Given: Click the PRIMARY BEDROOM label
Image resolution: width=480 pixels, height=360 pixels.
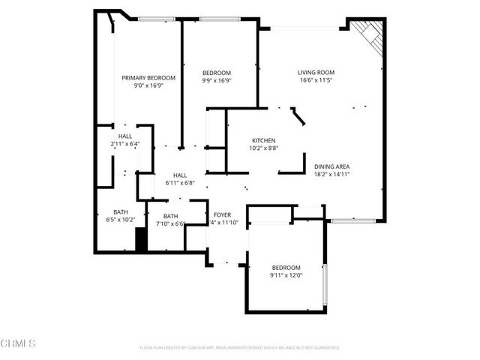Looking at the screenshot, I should (x=148, y=78).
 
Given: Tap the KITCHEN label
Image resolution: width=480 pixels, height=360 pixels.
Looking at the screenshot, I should (x=263, y=141).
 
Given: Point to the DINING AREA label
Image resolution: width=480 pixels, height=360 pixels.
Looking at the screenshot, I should (x=333, y=166).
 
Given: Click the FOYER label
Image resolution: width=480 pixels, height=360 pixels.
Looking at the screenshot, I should (x=222, y=215).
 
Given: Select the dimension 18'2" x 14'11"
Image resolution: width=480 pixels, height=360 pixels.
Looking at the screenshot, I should (x=333, y=174).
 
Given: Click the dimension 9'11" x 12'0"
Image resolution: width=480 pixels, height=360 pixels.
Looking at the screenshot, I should (x=286, y=275).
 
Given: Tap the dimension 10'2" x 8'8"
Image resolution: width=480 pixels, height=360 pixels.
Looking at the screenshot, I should (x=263, y=148).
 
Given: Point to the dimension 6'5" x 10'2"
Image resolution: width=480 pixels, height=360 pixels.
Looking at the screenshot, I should (x=120, y=220).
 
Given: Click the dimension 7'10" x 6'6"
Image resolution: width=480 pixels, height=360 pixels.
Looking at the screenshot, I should (x=170, y=223).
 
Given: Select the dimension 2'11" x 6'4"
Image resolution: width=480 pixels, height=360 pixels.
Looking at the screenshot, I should (x=124, y=143).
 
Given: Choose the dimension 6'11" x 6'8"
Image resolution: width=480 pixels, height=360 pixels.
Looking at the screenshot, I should (x=180, y=182).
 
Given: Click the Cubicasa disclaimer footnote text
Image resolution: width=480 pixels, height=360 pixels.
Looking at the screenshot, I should (x=240, y=348).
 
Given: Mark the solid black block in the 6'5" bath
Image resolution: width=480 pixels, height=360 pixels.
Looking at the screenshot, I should (x=139, y=240).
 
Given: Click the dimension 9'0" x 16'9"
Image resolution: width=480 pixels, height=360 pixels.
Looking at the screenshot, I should (x=148, y=85).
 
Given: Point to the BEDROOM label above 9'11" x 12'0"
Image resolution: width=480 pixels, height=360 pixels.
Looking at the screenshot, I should (x=286, y=268).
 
